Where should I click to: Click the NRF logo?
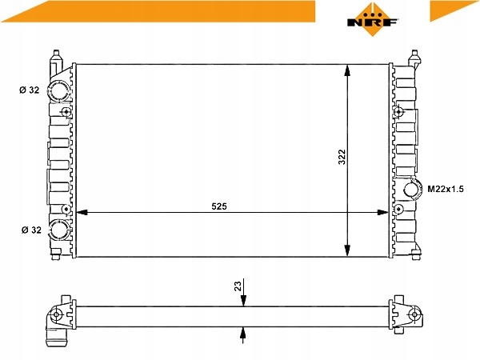click(x=372, y=19)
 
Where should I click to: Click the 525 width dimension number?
click(x=219, y=206)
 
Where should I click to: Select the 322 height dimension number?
click(x=342, y=157)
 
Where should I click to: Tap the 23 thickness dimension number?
click(x=238, y=286)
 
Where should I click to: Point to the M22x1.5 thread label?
click(x=446, y=189)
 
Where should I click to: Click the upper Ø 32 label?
click(x=30, y=90)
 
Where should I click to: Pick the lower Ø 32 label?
click(x=31, y=230)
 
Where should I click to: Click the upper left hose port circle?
click(x=59, y=90)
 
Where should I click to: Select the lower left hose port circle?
click(x=59, y=230)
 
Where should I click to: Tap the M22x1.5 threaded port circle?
click(x=412, y=189)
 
